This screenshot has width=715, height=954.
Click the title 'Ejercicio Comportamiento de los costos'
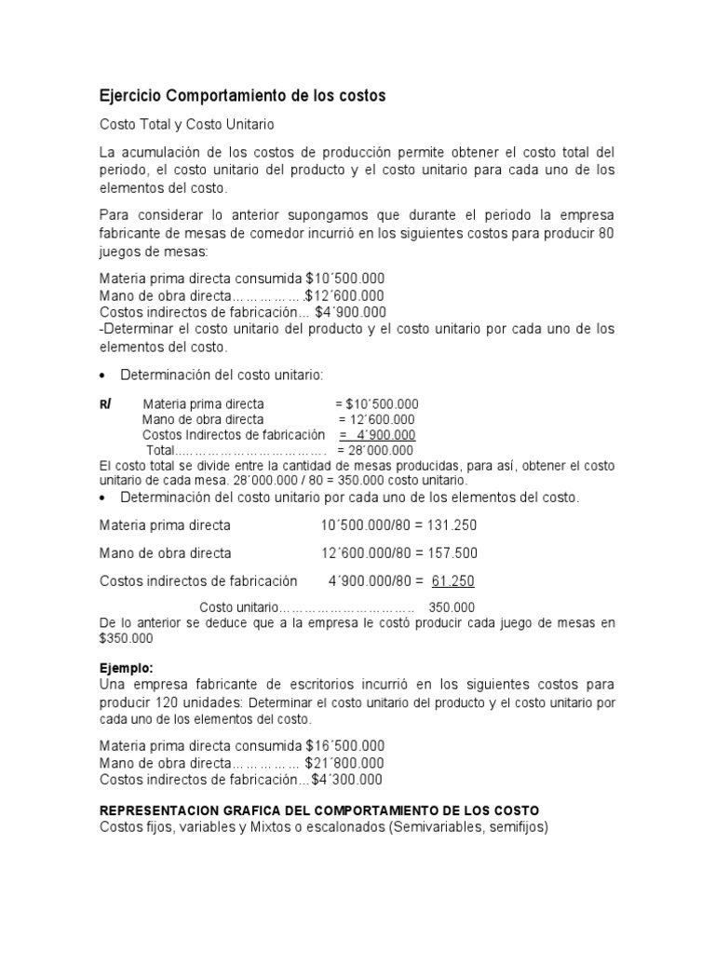coord(242,96)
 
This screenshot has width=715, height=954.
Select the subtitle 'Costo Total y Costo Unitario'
coord(187,124)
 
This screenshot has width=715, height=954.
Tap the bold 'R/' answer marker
coord(105,404)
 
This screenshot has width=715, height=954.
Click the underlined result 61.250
coord(452,581)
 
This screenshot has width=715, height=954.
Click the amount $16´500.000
coord(344,746)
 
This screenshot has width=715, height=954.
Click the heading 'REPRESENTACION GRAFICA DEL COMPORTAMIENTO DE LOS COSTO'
coord(319,811)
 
